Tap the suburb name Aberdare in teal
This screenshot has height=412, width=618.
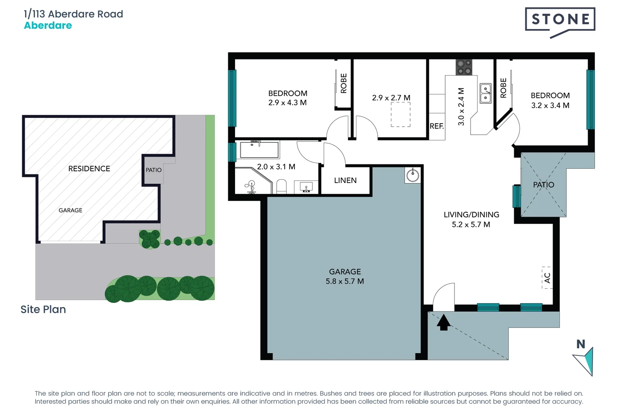click(48, 26)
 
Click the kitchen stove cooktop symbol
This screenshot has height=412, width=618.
click(464, 67)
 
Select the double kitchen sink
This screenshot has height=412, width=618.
click(485, 93)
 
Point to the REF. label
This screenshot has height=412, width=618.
click(437, 126)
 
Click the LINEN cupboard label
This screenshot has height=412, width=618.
click(345, 180)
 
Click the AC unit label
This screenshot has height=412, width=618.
click(547, 278)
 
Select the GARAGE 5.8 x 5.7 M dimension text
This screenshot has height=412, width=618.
click(344, 282)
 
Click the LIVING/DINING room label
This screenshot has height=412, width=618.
click(471, 215)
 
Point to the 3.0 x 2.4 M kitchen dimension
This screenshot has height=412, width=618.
click(461, 107)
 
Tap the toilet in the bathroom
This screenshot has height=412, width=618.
click(281, 187)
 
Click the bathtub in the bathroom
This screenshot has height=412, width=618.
click(259, 150)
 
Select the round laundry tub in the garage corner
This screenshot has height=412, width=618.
click(413, 175)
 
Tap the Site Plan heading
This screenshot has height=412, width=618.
click(43, 309)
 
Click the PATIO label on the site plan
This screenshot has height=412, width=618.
click(153, 170)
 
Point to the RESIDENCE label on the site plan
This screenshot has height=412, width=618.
click(89, 169)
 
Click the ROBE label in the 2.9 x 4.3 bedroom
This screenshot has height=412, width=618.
click(343, 84)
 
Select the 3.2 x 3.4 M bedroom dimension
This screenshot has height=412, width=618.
click(550, 106)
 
